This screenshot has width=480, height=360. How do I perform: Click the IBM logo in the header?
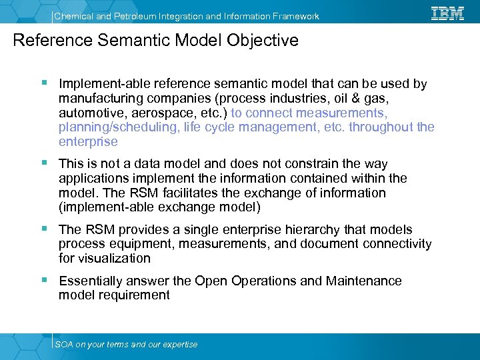click(x=447, y=13)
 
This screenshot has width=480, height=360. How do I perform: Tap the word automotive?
click(x=89, y=113)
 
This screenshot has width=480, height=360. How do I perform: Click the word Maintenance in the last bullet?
click(x=364, y=281)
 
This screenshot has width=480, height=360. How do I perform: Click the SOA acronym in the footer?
click(x=64, y=345)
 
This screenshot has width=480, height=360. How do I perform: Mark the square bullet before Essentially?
click(x=43, y=280)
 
